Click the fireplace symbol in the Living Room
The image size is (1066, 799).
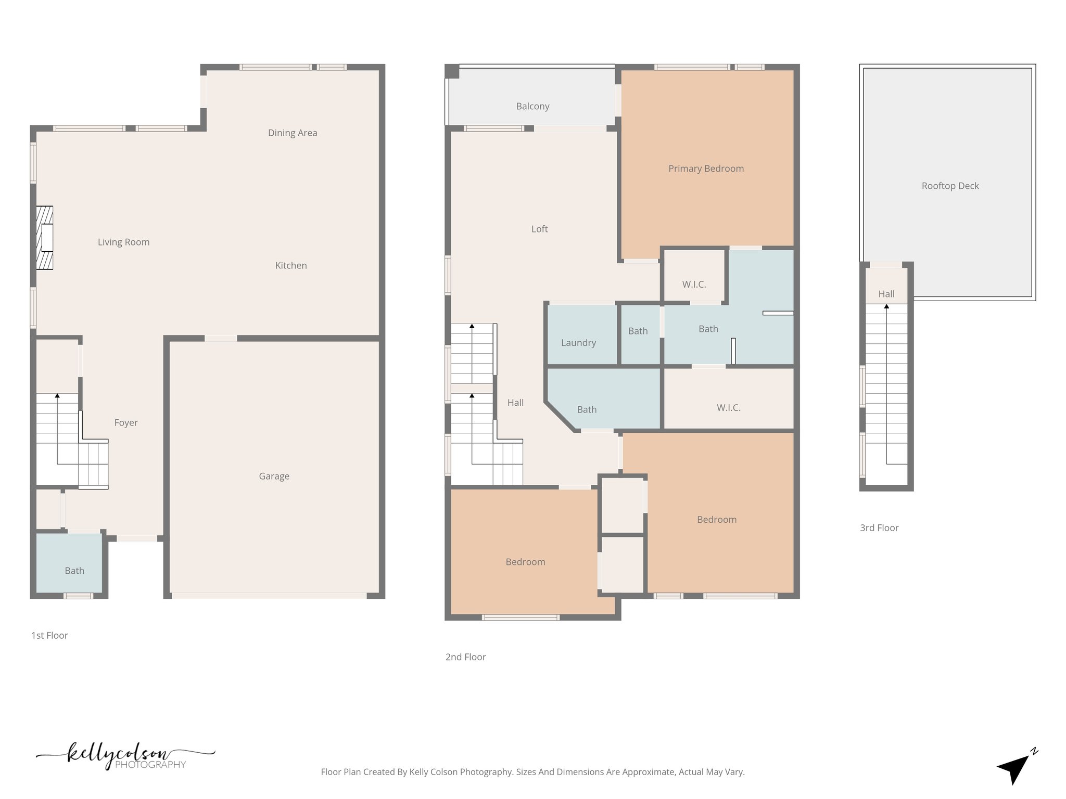[45, 238]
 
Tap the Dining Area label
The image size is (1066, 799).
[292, 133]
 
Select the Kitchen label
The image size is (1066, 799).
[290, 266]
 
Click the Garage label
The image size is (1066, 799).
[274, 476]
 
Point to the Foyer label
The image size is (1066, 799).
[125, 423]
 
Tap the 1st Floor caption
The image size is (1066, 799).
[49, 636]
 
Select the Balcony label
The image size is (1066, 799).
[532, 107]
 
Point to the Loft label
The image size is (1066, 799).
[539, 229]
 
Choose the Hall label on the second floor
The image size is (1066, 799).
[515, 403]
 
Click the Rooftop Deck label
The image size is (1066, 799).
[950, 186]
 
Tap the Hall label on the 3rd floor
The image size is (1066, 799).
[886, 294]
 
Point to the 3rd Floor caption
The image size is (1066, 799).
[879, 528]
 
